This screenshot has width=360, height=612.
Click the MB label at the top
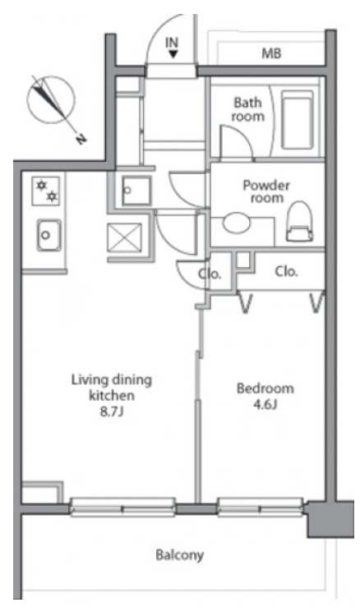point(271,53)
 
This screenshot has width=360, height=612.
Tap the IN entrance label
point(172,42)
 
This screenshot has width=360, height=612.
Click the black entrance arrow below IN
point(173,54)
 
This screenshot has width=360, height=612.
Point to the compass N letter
point(81,138)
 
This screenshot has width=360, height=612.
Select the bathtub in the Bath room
point(298,120)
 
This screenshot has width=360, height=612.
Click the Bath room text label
point(247,110)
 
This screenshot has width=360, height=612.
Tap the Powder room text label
point(266,191)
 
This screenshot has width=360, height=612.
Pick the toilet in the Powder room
point(299,221)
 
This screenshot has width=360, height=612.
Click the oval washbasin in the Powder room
point(236,224)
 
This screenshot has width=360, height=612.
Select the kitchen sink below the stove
point(48,235)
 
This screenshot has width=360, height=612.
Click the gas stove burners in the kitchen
point(46,191)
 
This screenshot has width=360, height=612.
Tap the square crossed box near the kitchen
point(124,237)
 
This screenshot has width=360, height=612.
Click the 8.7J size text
point(112,412)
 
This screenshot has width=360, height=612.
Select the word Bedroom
point(265,389)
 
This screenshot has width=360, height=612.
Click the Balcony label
point(180,555)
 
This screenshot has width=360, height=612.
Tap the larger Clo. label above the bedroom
point(287,271)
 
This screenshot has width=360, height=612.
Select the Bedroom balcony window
point(261,507)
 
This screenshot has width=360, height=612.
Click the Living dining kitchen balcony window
point(122,507)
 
